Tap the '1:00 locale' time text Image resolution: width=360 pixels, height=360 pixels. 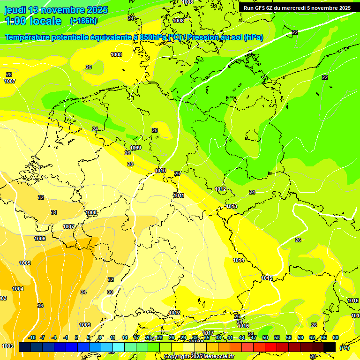coord(33,21)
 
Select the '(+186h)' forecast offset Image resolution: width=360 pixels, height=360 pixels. coord(83,21)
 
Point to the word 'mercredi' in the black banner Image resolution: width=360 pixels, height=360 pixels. coord(299,8)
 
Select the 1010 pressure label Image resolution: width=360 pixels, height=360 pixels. coord(160,171)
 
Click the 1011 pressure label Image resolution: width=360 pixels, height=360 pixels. coord(179,195)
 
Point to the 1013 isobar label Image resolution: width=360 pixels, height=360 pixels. coord(232,206)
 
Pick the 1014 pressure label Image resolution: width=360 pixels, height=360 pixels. coord(239,260)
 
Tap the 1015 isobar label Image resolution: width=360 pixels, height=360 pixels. coord(267,278)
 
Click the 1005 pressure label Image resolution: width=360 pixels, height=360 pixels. coord(25,263)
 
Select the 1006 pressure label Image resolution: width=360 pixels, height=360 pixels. coord(40,239)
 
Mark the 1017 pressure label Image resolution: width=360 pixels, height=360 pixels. coord(208,333)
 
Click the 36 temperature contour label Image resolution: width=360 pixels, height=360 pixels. coord(40,306)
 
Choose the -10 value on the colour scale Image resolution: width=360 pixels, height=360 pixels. coord(32,337)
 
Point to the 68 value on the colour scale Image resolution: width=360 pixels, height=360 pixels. coord(336,337)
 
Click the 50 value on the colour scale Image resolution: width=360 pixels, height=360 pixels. coord(265,337)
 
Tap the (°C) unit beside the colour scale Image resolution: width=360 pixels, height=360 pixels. coord(344,348)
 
